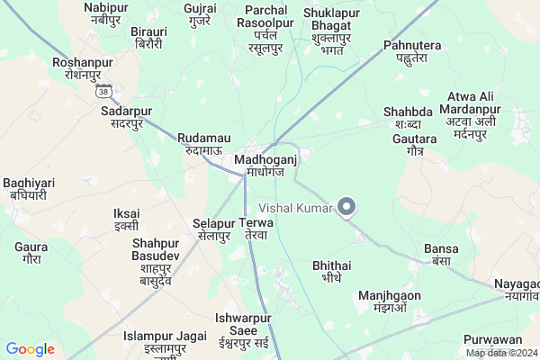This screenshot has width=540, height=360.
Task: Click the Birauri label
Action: (x=149, y=34)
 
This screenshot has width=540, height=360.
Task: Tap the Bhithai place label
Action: (x=331, y=272)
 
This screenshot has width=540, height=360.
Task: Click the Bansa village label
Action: (x=440, y=254)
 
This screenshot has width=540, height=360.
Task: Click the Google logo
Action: (x=31, y=349)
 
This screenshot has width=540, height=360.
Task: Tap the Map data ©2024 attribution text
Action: (x=500, y=353)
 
